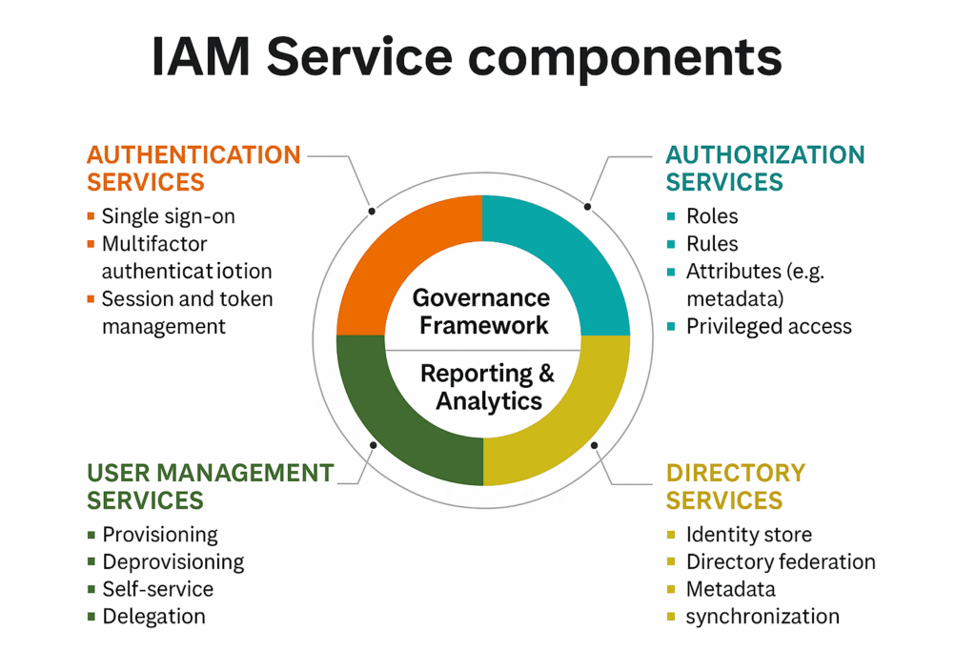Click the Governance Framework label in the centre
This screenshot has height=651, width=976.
pos(481,312)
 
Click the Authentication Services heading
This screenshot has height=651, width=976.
pos(193,168)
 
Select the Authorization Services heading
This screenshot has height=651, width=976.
pos(764,168)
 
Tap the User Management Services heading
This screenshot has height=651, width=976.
pos(210,486)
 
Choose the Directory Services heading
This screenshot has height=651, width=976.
pos(735,486)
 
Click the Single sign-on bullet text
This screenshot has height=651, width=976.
pos(168,216)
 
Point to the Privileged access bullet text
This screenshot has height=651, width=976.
pos(768,326)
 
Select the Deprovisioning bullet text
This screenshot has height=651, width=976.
pos(173,561)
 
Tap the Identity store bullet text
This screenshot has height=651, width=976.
pos(748,535)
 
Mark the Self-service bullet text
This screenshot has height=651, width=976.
pos(157,589)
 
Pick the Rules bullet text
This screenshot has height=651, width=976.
pos(712,244)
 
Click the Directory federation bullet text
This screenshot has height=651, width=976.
pos(780,561)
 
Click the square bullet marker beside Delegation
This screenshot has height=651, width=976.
pos(91,617)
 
